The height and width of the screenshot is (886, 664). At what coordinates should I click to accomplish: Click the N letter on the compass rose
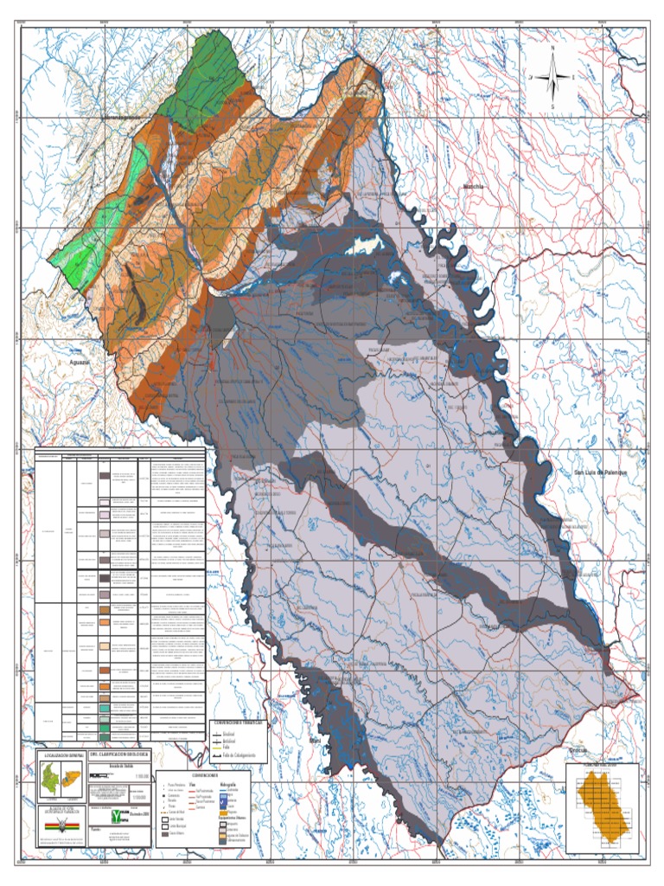(x=552, y=48)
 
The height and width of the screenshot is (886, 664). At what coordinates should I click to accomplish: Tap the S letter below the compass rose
(x=552, y=106)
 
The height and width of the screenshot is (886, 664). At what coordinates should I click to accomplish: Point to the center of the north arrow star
(x=552, y=77)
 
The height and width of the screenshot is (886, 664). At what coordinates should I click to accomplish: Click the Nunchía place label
(x=474, y=186)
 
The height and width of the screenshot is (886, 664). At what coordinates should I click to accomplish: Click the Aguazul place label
(x=83, y=364)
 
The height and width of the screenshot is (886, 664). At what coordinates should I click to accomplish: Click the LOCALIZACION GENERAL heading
(x=59, y=754)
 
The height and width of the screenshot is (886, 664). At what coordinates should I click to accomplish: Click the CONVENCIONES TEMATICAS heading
(x=239, y=720)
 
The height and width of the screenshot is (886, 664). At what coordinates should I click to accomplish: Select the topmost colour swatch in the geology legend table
(x=104, y=474)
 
